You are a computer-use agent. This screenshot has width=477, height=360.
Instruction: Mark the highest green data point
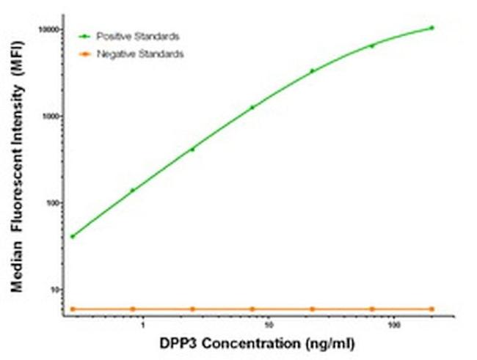tap(432, 28)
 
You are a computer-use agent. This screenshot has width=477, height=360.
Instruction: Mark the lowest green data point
tap(72, 236)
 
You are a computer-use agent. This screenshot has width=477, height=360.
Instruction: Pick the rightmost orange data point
tap(432, 309)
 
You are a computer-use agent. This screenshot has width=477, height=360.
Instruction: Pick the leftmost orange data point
tap(72, 309)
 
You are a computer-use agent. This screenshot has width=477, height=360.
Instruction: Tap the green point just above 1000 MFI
tap(252, 107)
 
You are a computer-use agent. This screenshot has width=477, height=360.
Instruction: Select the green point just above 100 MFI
tap(132, 190)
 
